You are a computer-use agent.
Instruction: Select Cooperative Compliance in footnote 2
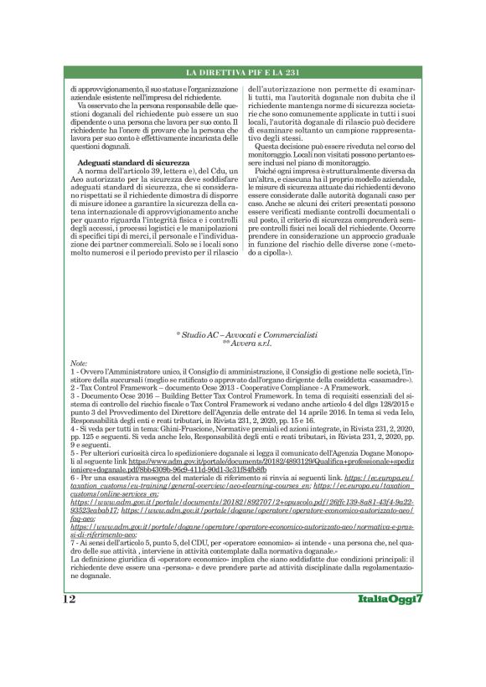(x=268, y=388)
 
